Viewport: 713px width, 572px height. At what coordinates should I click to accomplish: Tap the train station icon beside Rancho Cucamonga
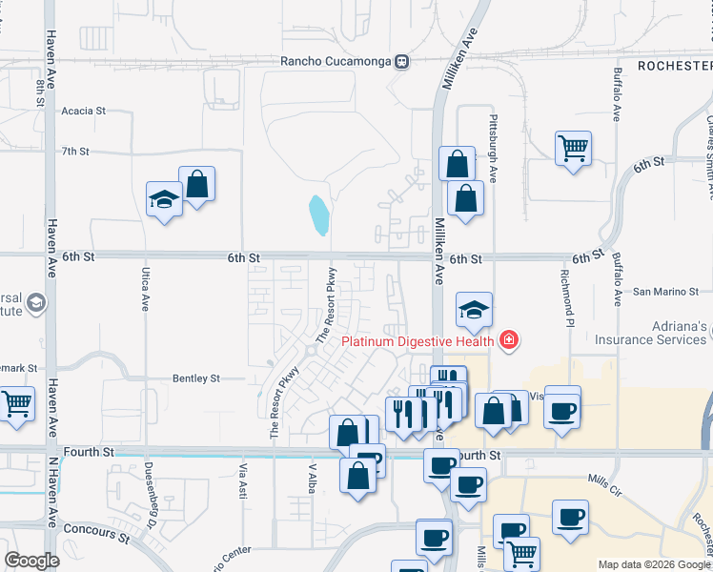[x=403, y=62]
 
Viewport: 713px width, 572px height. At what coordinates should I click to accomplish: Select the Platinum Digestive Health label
[x=418, y=340]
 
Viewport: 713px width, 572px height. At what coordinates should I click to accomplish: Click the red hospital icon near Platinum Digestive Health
[x=509, y=340]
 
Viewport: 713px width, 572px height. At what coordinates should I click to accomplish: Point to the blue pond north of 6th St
[x=319, y=214]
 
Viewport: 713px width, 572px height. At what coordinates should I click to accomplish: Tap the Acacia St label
[x=83, y=111]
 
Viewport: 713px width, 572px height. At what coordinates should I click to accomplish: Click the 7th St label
[x=75, y=151]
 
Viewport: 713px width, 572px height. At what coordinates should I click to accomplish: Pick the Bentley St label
[x=196, y=378]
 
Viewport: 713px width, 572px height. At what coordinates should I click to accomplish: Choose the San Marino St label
[x=666, y=291]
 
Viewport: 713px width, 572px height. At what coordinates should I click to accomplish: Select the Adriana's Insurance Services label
[x=652, y=333]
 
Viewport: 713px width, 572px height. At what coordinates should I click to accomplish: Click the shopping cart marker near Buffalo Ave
[x=574, y=149]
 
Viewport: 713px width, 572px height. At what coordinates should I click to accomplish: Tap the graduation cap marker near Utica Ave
[x=164, y=199]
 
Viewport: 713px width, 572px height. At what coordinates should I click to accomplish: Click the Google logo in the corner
[x=32, y=561]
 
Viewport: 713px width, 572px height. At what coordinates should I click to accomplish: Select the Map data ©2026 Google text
[x=652, y=564]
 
